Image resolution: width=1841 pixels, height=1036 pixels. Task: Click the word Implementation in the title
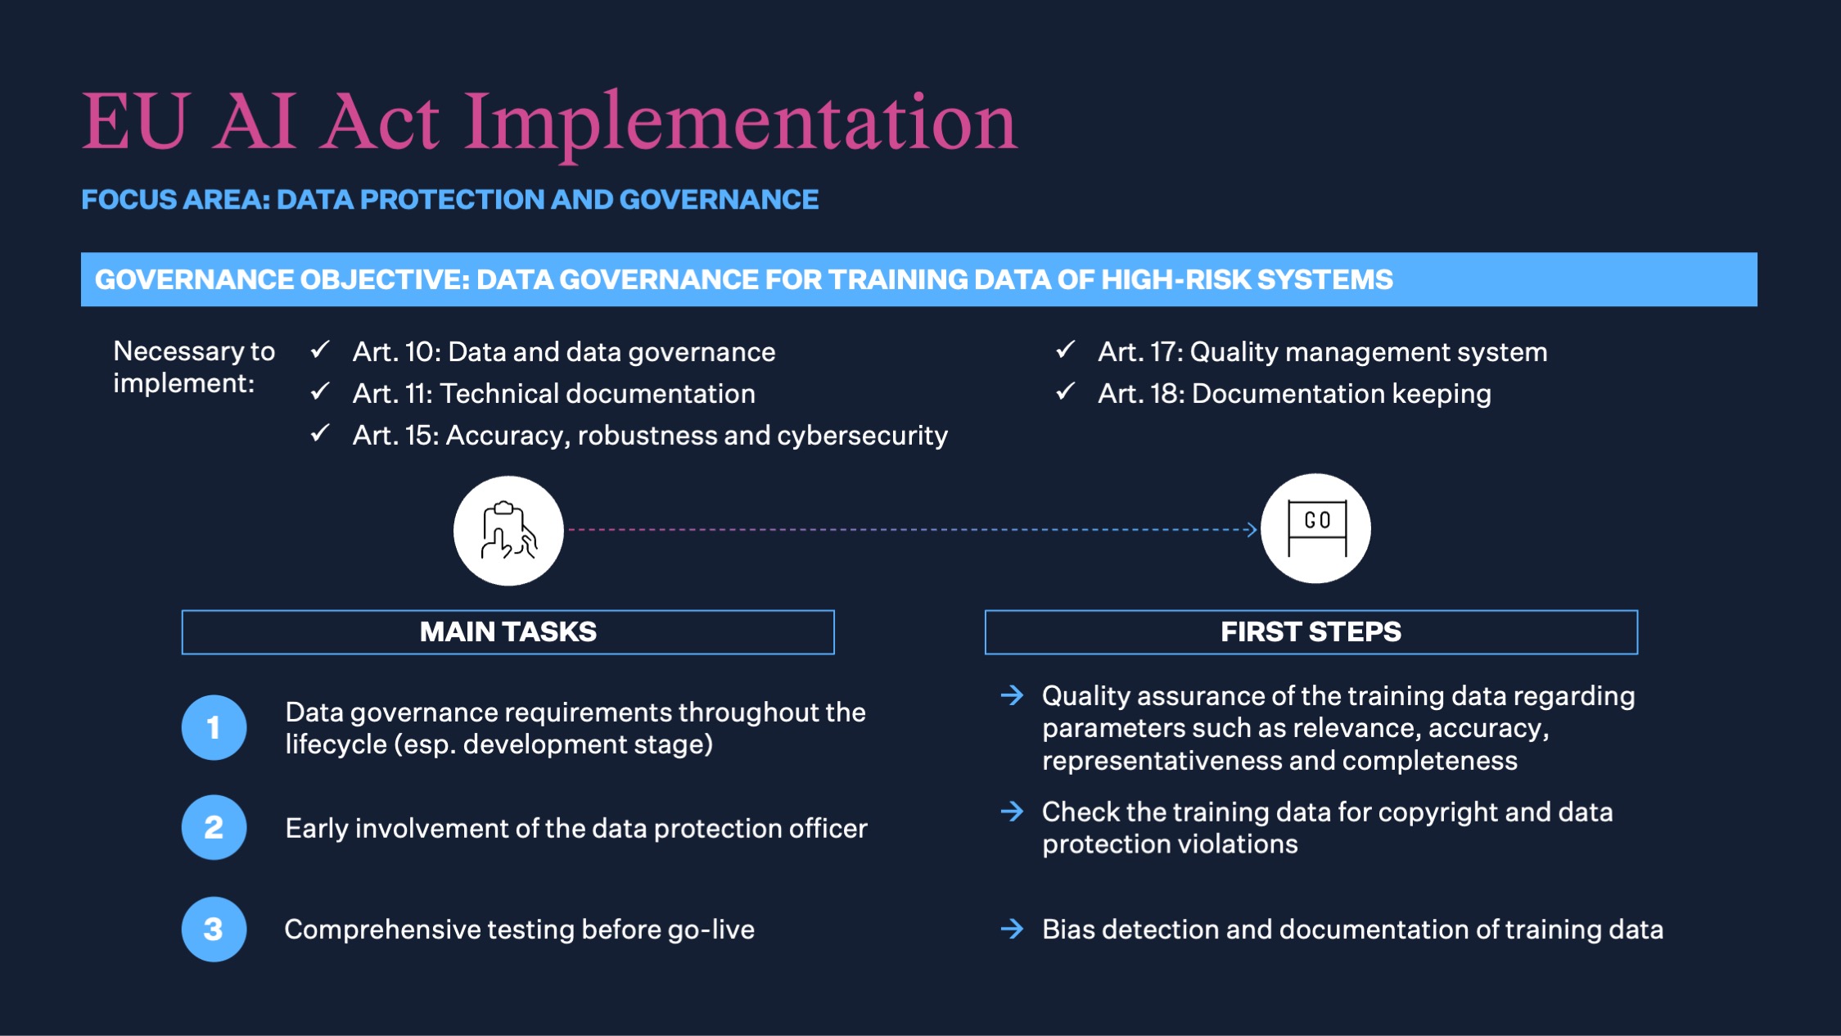741,124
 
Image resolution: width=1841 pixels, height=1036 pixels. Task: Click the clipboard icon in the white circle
508,531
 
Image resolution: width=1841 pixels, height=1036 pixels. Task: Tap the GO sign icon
1316,528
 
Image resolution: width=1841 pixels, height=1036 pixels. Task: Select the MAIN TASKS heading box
508,631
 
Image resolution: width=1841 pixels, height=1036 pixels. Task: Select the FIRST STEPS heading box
1311,631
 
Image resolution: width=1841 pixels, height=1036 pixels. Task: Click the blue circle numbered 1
214,727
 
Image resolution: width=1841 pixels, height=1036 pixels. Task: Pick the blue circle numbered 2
214,827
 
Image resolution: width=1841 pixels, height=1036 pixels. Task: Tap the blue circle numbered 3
214,929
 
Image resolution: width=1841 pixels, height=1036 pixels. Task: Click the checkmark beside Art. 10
320,350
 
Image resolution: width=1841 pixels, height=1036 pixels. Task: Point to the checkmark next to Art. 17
1065,350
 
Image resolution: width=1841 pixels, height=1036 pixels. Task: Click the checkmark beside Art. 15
320,433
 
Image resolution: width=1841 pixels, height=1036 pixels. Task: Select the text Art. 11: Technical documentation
553,394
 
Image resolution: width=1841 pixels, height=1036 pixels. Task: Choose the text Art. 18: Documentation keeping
1294,394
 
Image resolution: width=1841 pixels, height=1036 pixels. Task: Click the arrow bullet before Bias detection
1013,929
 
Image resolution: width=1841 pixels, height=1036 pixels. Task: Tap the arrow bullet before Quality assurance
1013,695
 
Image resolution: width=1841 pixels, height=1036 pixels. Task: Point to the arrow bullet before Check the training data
1013,812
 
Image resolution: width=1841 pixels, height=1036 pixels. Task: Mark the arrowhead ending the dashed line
1251,530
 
